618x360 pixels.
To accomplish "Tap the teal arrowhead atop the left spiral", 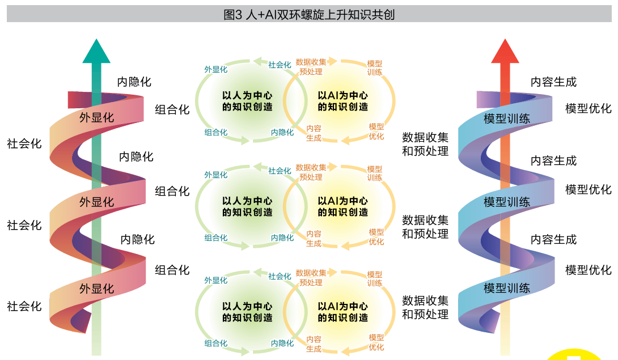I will [x=96, y=52].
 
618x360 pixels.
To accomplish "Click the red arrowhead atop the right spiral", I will [x=505, y=52].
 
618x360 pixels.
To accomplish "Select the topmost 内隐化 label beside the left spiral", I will [x=134, y=82].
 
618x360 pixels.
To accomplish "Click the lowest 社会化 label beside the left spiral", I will [x=24, y=306].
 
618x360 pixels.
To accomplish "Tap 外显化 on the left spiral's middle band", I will [x=96, y=202].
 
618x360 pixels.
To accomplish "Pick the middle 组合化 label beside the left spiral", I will [x=172, y=191].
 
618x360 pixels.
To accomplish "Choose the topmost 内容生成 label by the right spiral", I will [x=553, y=82].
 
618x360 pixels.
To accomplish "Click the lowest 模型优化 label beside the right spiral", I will [x=589, y=270].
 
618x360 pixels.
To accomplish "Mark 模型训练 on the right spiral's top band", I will [x=507, y=118].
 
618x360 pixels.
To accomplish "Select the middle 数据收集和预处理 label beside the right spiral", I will [x=425, y=226].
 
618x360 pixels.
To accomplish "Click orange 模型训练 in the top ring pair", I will [x=375, y=67].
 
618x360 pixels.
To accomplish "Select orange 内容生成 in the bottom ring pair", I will [x=314, y=344].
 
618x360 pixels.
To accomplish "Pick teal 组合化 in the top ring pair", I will [x=215, y=133].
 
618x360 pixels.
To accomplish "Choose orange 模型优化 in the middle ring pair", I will [x=376, y=236].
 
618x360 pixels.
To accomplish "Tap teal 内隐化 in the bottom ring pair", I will [x=282, y=343].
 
